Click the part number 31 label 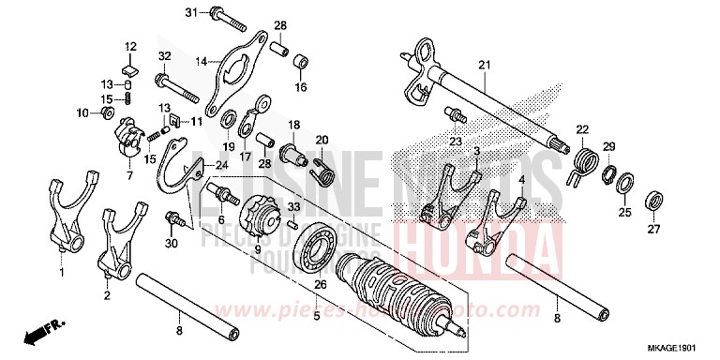click(190, 12)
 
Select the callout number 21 click(484, 65)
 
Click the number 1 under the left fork click(63, 273)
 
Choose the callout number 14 click(201, 62)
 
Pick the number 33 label click(293, 206)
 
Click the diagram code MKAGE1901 click(681, 349)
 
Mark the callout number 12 click(130, 46)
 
